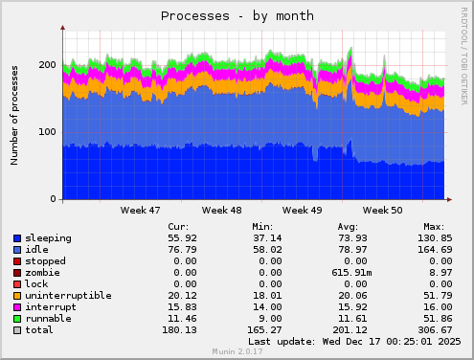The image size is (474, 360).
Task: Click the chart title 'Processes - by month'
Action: [x=237, y=15]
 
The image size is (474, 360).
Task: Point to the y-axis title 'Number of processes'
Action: [x=15, y=116]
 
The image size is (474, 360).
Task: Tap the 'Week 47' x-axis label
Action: [x=141, y=210]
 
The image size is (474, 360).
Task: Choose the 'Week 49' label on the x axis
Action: [x=303, y=210]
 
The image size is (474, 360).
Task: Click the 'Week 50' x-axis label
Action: [x=383, y=210]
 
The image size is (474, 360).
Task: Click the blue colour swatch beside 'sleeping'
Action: [x=17, y=237]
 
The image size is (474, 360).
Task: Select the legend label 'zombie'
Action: [x=45, y=272]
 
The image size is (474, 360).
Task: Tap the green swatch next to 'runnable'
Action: [x=17, y=318]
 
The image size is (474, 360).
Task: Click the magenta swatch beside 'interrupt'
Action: [x=17, y=306]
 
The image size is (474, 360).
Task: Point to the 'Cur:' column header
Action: [x=178, y=226]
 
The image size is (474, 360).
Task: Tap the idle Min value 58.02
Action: [x=264, y=249]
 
